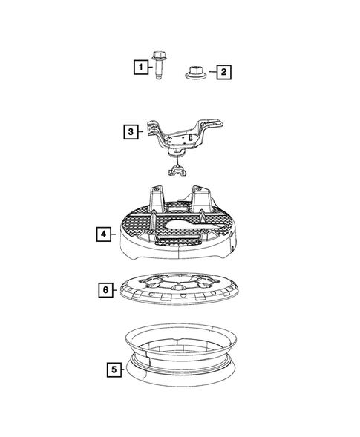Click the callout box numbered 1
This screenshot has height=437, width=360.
[139, 67]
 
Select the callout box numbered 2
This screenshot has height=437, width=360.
[222, 72]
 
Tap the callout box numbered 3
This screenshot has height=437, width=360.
[131, 133]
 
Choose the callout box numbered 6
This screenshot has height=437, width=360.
[105, 289]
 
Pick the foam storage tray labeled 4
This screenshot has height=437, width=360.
[178, 230]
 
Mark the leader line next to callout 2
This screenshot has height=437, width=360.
[210, 72]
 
